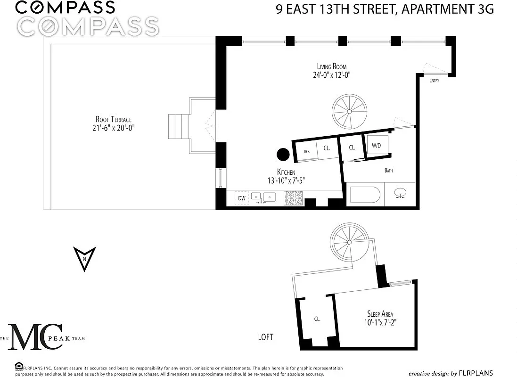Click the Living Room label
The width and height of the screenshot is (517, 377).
coord(332,66)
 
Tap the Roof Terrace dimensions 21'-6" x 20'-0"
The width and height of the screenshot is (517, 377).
coord(113,128)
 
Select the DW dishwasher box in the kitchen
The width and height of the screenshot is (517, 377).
coord(242,198)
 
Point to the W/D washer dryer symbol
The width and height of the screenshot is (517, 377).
coord(376,146)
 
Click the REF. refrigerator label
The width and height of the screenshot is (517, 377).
coord(307,151)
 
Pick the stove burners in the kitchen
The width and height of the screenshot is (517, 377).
coord(293,198)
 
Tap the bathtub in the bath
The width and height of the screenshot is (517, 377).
coord(365,195)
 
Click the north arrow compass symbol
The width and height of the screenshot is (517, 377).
coord(85,259)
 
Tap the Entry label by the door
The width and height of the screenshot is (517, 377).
coord(434,81)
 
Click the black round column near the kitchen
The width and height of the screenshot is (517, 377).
coord(283,154)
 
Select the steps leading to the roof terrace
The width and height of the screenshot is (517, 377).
coord(178,125)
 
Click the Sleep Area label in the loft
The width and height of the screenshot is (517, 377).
coord(380,314)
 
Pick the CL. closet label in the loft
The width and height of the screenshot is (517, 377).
coord(317,319)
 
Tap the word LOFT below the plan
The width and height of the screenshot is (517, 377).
coord(265,337)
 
